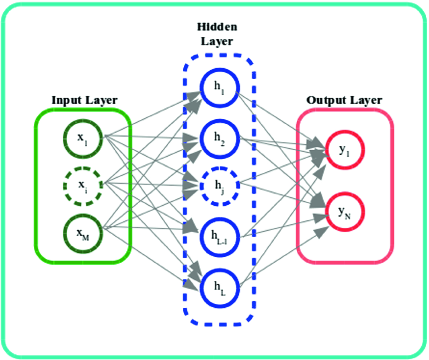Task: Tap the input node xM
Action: [83, 232]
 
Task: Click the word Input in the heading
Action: [66, 100]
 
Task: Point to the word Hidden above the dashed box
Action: [217, 27]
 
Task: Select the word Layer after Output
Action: [364, 100]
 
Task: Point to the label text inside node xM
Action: [84, 233]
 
